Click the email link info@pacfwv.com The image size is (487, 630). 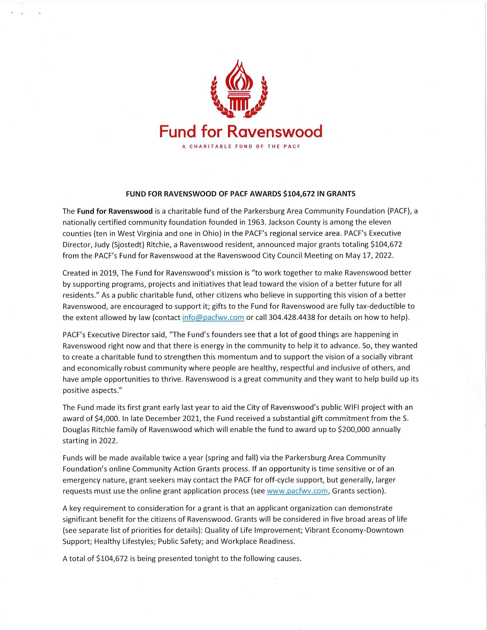pos(213,317)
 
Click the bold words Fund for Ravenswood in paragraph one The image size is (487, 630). pos(115,211)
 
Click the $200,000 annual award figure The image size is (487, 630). pos(352,429)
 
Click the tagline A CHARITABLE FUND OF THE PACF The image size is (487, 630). pos(241,146)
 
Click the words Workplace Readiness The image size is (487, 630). pos(258,541)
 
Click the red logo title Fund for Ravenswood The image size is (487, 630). pos(241,131)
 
